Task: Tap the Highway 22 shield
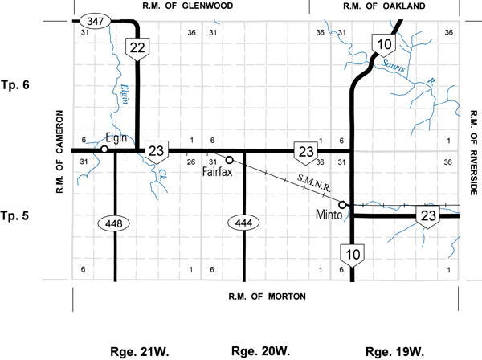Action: coord(137,48)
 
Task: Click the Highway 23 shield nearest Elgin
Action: coord(157,149)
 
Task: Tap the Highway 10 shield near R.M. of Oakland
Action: coord(379,44)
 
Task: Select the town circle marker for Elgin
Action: coord(104,149)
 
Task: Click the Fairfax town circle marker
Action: coord(229,160)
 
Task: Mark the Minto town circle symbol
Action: coord(342,205)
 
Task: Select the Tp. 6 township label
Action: coord(18,84)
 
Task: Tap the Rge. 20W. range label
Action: coord(255,351)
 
